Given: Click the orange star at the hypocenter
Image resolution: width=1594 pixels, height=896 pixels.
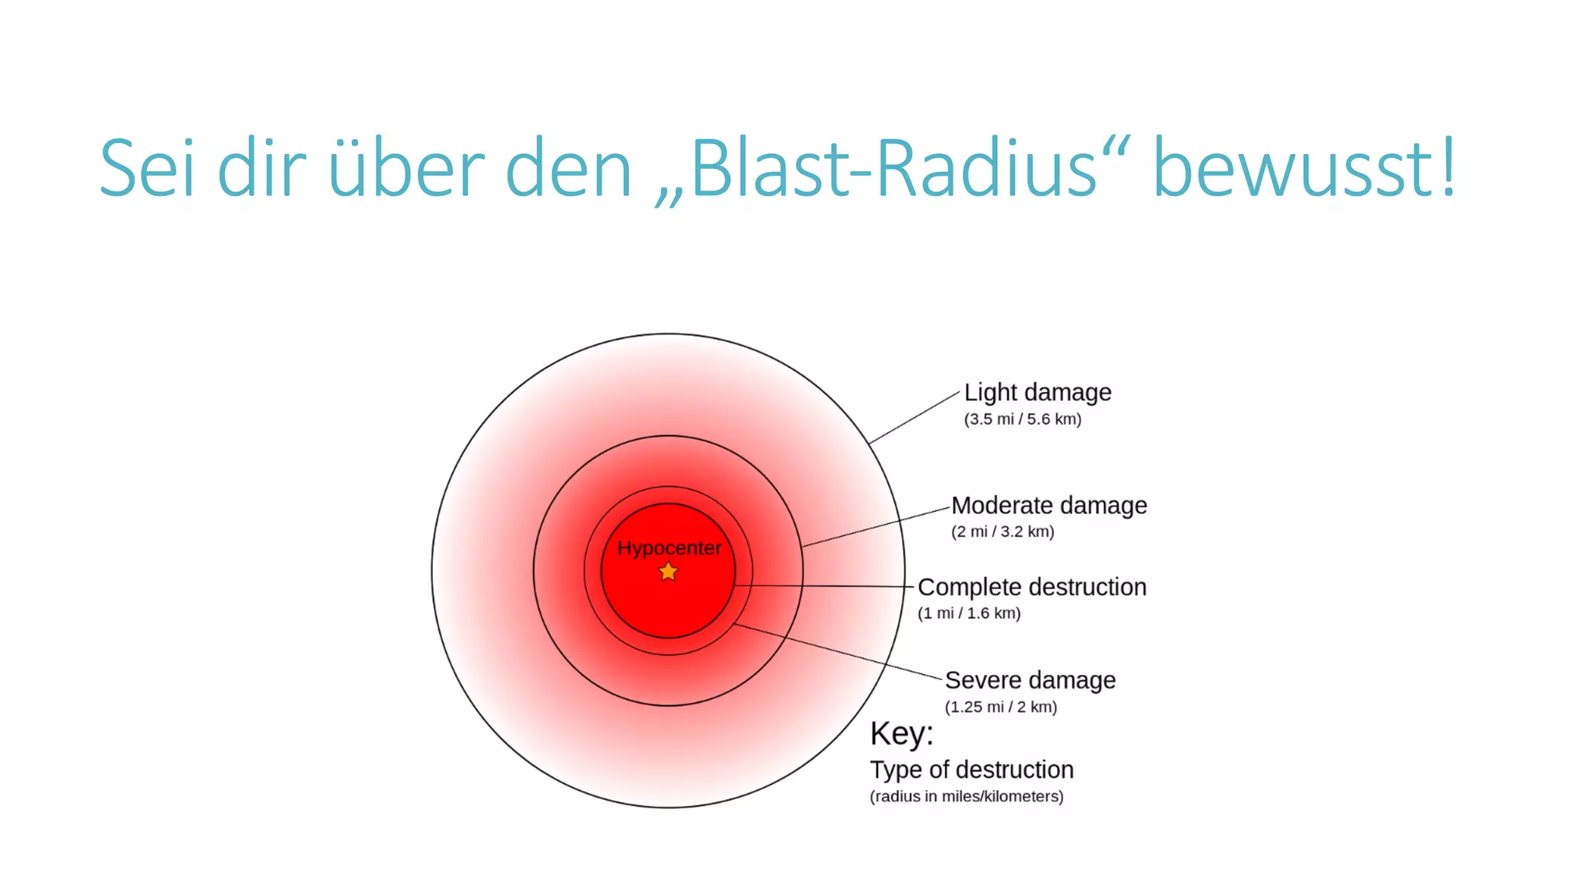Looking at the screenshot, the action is click(x=668, y=572).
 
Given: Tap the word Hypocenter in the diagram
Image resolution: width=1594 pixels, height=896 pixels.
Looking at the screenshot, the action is click(x=669, y=548).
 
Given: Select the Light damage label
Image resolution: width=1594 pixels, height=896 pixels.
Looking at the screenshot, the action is click(x=1038, y=393).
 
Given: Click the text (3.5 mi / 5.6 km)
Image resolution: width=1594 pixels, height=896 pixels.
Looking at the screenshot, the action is click(x=1023, y=419).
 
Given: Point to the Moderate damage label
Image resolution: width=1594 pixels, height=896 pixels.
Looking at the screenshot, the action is click(x=1049, y=506).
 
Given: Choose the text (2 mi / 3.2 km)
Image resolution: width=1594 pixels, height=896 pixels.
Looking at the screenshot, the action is click(x=1002, y=532).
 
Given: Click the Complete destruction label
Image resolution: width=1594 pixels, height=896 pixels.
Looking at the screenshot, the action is click(x=1032, y=587).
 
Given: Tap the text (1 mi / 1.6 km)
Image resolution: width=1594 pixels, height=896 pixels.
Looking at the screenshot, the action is click(x=969, y=614).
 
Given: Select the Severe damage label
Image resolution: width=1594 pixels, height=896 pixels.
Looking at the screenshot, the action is click(x=1030, y=681).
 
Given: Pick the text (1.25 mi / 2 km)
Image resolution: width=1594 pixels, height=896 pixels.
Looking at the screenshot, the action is click(x=1001, y=707).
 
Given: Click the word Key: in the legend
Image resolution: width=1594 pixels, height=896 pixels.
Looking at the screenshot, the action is click(x=901, y=733).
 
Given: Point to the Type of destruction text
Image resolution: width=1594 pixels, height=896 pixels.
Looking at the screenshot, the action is click(x=971, y=770).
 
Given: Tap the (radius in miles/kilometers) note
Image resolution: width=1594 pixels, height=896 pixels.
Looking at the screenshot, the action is click(x=967, y=796).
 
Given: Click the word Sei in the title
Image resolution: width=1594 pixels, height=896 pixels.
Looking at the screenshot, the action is click(x=146, y=169).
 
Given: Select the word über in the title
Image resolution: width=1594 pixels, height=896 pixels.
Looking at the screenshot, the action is click(x=407, y=169).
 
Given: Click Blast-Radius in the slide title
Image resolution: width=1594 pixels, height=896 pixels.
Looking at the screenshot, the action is click(x=894, y=169).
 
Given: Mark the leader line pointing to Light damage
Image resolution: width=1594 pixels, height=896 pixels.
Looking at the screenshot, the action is click(x=915, y=418).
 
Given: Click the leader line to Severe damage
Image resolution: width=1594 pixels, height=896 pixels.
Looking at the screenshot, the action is click(x=841, y=652).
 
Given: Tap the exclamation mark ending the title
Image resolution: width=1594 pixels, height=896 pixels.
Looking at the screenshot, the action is click(x=1447, y=167).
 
